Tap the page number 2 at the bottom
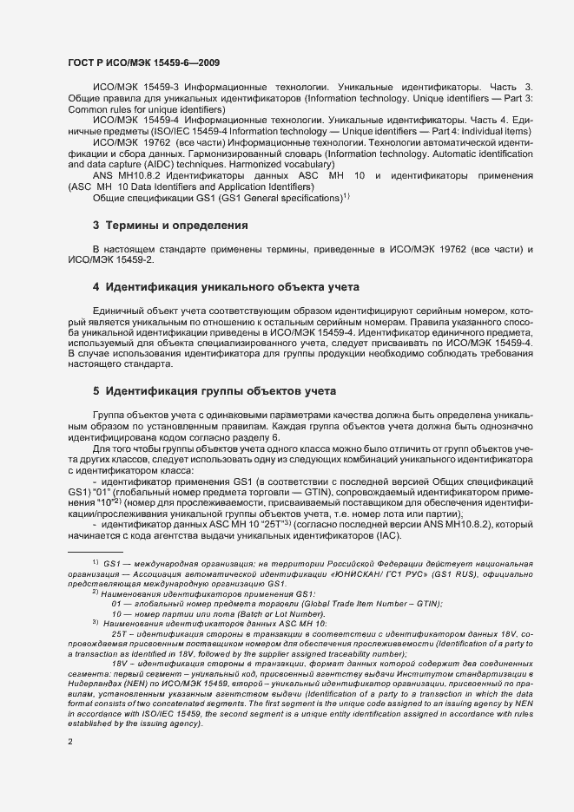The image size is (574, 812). [69, 742]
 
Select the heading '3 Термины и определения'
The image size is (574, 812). [170, 226]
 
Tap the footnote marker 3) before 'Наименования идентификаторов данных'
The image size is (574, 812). [95, 622]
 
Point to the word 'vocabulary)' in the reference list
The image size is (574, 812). [308, 163]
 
